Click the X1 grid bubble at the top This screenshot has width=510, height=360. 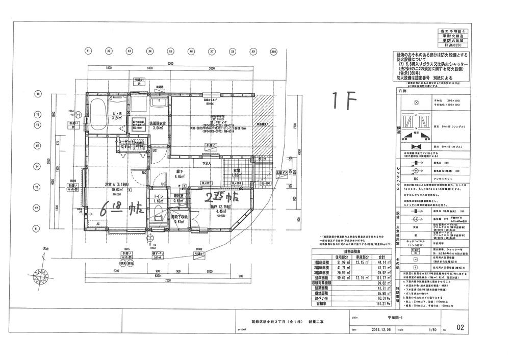tap(88, 51)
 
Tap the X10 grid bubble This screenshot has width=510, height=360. tap(273, 52)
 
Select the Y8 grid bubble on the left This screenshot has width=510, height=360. tap(38, 94)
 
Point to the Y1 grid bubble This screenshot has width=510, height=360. tap(38, 229)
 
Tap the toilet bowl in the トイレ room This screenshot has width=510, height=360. tap(158, 213)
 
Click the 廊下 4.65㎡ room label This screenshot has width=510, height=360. tap(180, 174)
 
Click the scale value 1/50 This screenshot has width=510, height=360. tap(434, 330)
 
